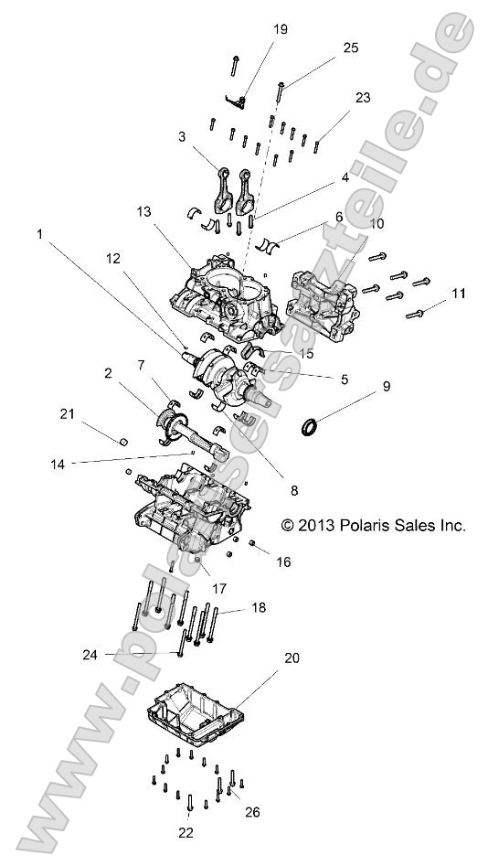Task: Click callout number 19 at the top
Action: (280, 29)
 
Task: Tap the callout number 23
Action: (364, 96)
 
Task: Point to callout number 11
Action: (459, 294)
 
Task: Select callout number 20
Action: (292, 658)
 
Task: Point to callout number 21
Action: (67, 413)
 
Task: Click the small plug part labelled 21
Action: (122, 442)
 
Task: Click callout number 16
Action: (284, 561)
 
